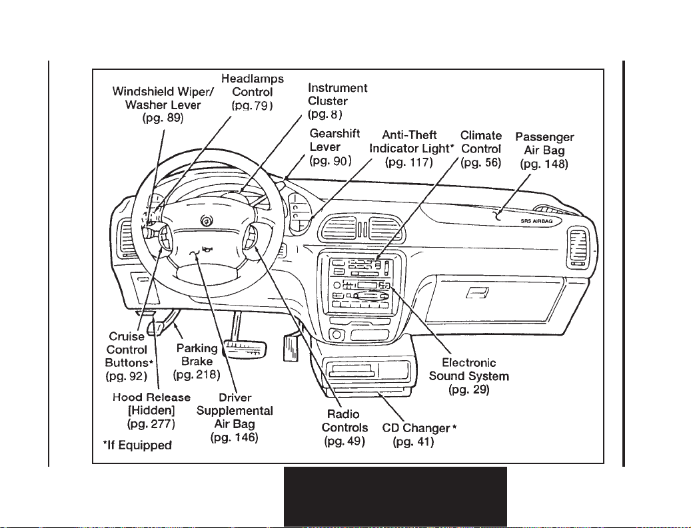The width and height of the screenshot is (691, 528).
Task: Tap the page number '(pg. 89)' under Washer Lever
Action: click(163, 118)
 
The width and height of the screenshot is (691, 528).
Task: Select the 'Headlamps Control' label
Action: click(253, 85)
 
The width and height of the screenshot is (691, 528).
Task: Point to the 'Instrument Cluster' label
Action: click(338, 95)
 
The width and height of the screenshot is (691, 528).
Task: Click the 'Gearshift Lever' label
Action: click(335, 140)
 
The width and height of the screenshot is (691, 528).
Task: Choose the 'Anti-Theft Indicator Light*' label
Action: click(411, 142)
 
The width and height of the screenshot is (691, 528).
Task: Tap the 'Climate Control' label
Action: click(481, 142)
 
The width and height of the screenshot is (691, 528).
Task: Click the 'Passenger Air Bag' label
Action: click(544, 144)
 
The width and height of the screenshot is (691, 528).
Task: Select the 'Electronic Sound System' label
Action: click(469, 370)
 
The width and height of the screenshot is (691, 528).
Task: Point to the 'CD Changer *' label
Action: click(419, 428)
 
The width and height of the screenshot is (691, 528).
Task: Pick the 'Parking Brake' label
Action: click(197, 355)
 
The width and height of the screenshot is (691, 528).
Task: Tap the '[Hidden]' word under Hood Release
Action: click(151, 411)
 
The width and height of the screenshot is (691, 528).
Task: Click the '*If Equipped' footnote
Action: click(137, 445)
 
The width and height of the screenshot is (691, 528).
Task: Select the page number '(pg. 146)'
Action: click(235, 437)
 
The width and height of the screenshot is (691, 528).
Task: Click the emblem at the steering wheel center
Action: click(205, 221)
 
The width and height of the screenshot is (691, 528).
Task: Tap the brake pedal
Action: click(245, 348)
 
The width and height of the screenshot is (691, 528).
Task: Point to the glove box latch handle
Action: click(478, 292)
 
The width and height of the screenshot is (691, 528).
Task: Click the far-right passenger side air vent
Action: click(578, 247)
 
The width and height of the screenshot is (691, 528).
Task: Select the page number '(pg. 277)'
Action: click(151, 424)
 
